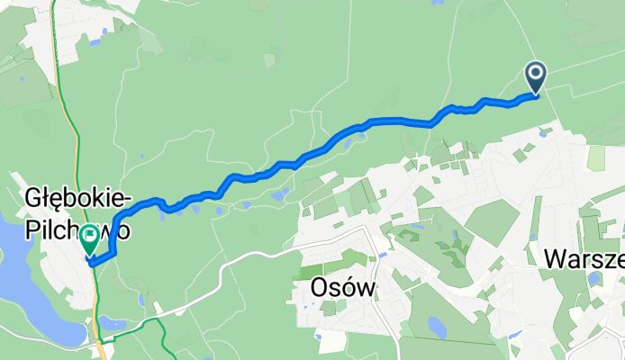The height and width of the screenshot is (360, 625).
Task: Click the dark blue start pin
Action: tap(536, 76)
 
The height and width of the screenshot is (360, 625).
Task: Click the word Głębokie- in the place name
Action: tap(79, 198)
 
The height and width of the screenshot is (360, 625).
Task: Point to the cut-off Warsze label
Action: tap(584, 259)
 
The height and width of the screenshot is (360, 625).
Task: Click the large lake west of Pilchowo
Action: tap(23, 270)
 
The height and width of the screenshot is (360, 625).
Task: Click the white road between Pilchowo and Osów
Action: tap(225, 265)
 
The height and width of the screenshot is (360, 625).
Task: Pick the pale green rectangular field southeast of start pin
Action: tap(595, 157)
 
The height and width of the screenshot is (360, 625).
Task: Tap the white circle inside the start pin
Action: tap(536, 72)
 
